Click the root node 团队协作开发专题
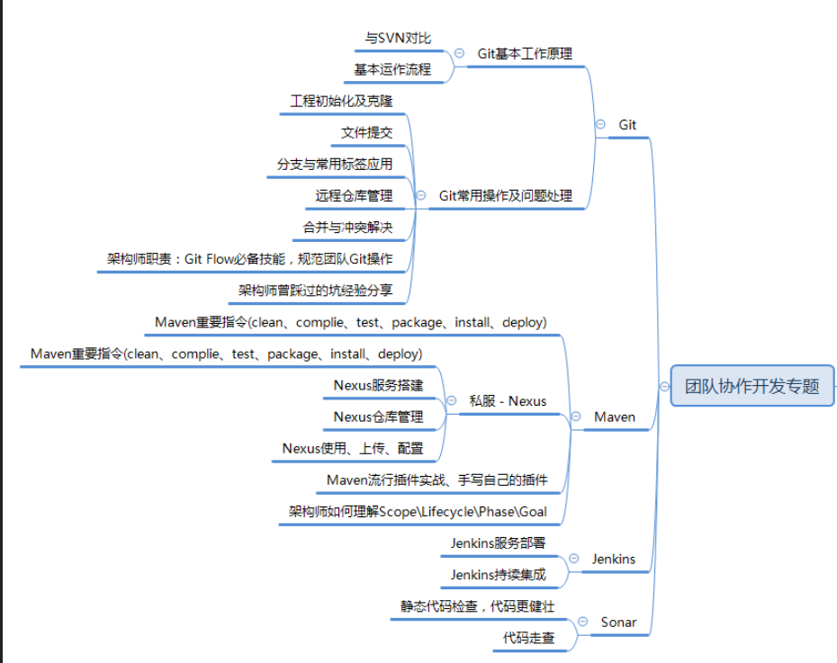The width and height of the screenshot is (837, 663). pyautogui.click(x=752, y=386)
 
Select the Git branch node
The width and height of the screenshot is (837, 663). pyautogui.click(x=627, y=125)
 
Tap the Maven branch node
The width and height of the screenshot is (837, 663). pyautogui.click(x=615, y=417)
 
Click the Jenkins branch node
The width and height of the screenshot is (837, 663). pyautogui.click(x=613, y=559)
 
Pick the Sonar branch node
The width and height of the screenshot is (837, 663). pyautogui.click(x=618, y=622)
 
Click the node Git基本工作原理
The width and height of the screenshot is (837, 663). pyautogui.click(x=525, y=53)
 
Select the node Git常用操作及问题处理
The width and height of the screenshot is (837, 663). pyautogui.click(x=505, y=195)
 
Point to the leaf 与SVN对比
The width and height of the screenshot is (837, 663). pyautogui.click(x=398, y=38)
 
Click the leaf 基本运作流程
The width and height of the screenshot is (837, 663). pyautogui.click(x=392, y=68)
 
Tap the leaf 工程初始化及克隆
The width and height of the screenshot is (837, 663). pyautogui.click(x=341, y=101)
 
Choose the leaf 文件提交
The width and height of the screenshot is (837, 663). pyautogui.click(x=367, y=132)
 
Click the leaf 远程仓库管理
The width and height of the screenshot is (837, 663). pyautogui.click(x=354, y=195)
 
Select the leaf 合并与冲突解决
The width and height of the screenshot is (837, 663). pyautogui.click(x=347, y=227)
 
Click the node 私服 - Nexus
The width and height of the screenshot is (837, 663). pyautogui.click(x=508, y=400)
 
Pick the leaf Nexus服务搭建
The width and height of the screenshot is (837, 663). pyautogui.click(x=378, y=385)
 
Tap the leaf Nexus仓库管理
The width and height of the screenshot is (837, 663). pyautogui.click(x=378, y=417)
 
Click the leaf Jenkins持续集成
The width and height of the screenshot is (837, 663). pyautogui.click(x=498, y=574)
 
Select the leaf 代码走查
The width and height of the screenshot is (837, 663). pyautogui.click(x=529, y=638)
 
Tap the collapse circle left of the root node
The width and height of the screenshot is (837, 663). pyautogui.click(x=664, y=386)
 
